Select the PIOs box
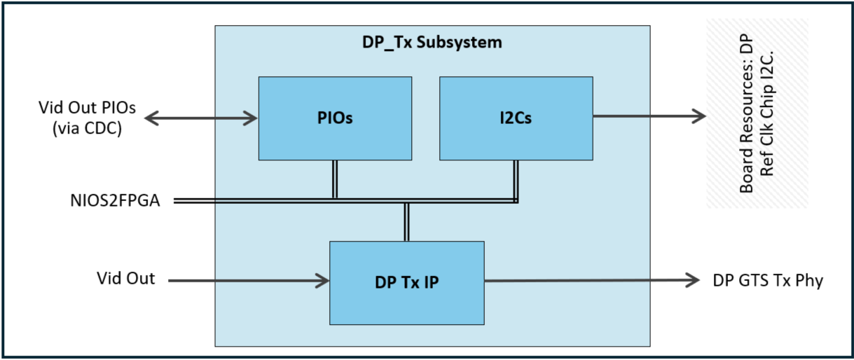pos(335,118)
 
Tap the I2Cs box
pos(516,118)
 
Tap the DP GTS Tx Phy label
pos(767,281)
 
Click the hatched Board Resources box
pos(757,113)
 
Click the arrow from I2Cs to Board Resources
pos(648,116)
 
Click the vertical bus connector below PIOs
pos(335,179)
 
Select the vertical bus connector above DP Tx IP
pos(406,222)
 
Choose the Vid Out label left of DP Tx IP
pos(125,278)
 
